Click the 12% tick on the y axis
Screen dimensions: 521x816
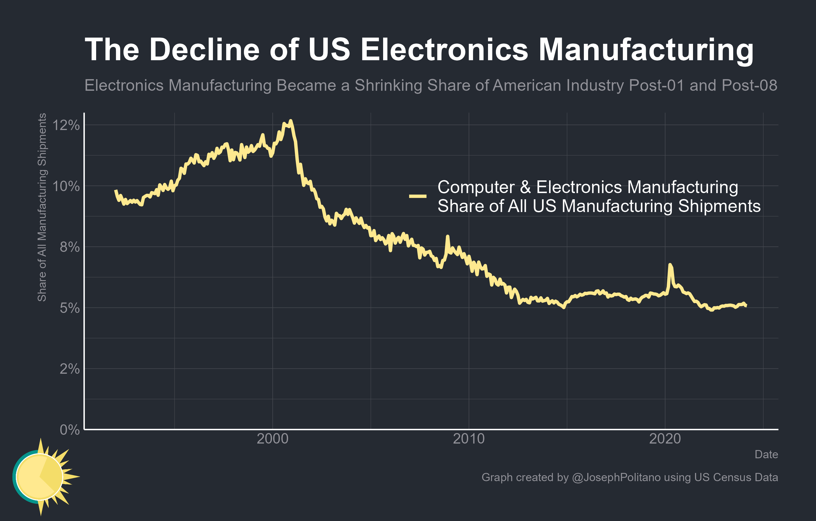66,125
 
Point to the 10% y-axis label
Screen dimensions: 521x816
66,186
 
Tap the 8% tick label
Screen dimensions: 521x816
70,247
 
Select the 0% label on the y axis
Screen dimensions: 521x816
70,430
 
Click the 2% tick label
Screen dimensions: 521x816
70,369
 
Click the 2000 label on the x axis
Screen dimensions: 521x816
273,439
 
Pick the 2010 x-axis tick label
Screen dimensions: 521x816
469,439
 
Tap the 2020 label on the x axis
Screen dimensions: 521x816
665,439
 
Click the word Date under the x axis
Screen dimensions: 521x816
766,454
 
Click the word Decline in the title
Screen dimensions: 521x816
204,50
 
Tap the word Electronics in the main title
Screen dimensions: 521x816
444,50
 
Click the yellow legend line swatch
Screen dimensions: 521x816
418,196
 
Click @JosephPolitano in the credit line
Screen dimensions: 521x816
616,477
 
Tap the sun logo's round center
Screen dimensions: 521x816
40,477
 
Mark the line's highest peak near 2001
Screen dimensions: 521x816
290,121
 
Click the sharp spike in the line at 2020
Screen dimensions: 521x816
670,265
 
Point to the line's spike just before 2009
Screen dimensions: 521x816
447,236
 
